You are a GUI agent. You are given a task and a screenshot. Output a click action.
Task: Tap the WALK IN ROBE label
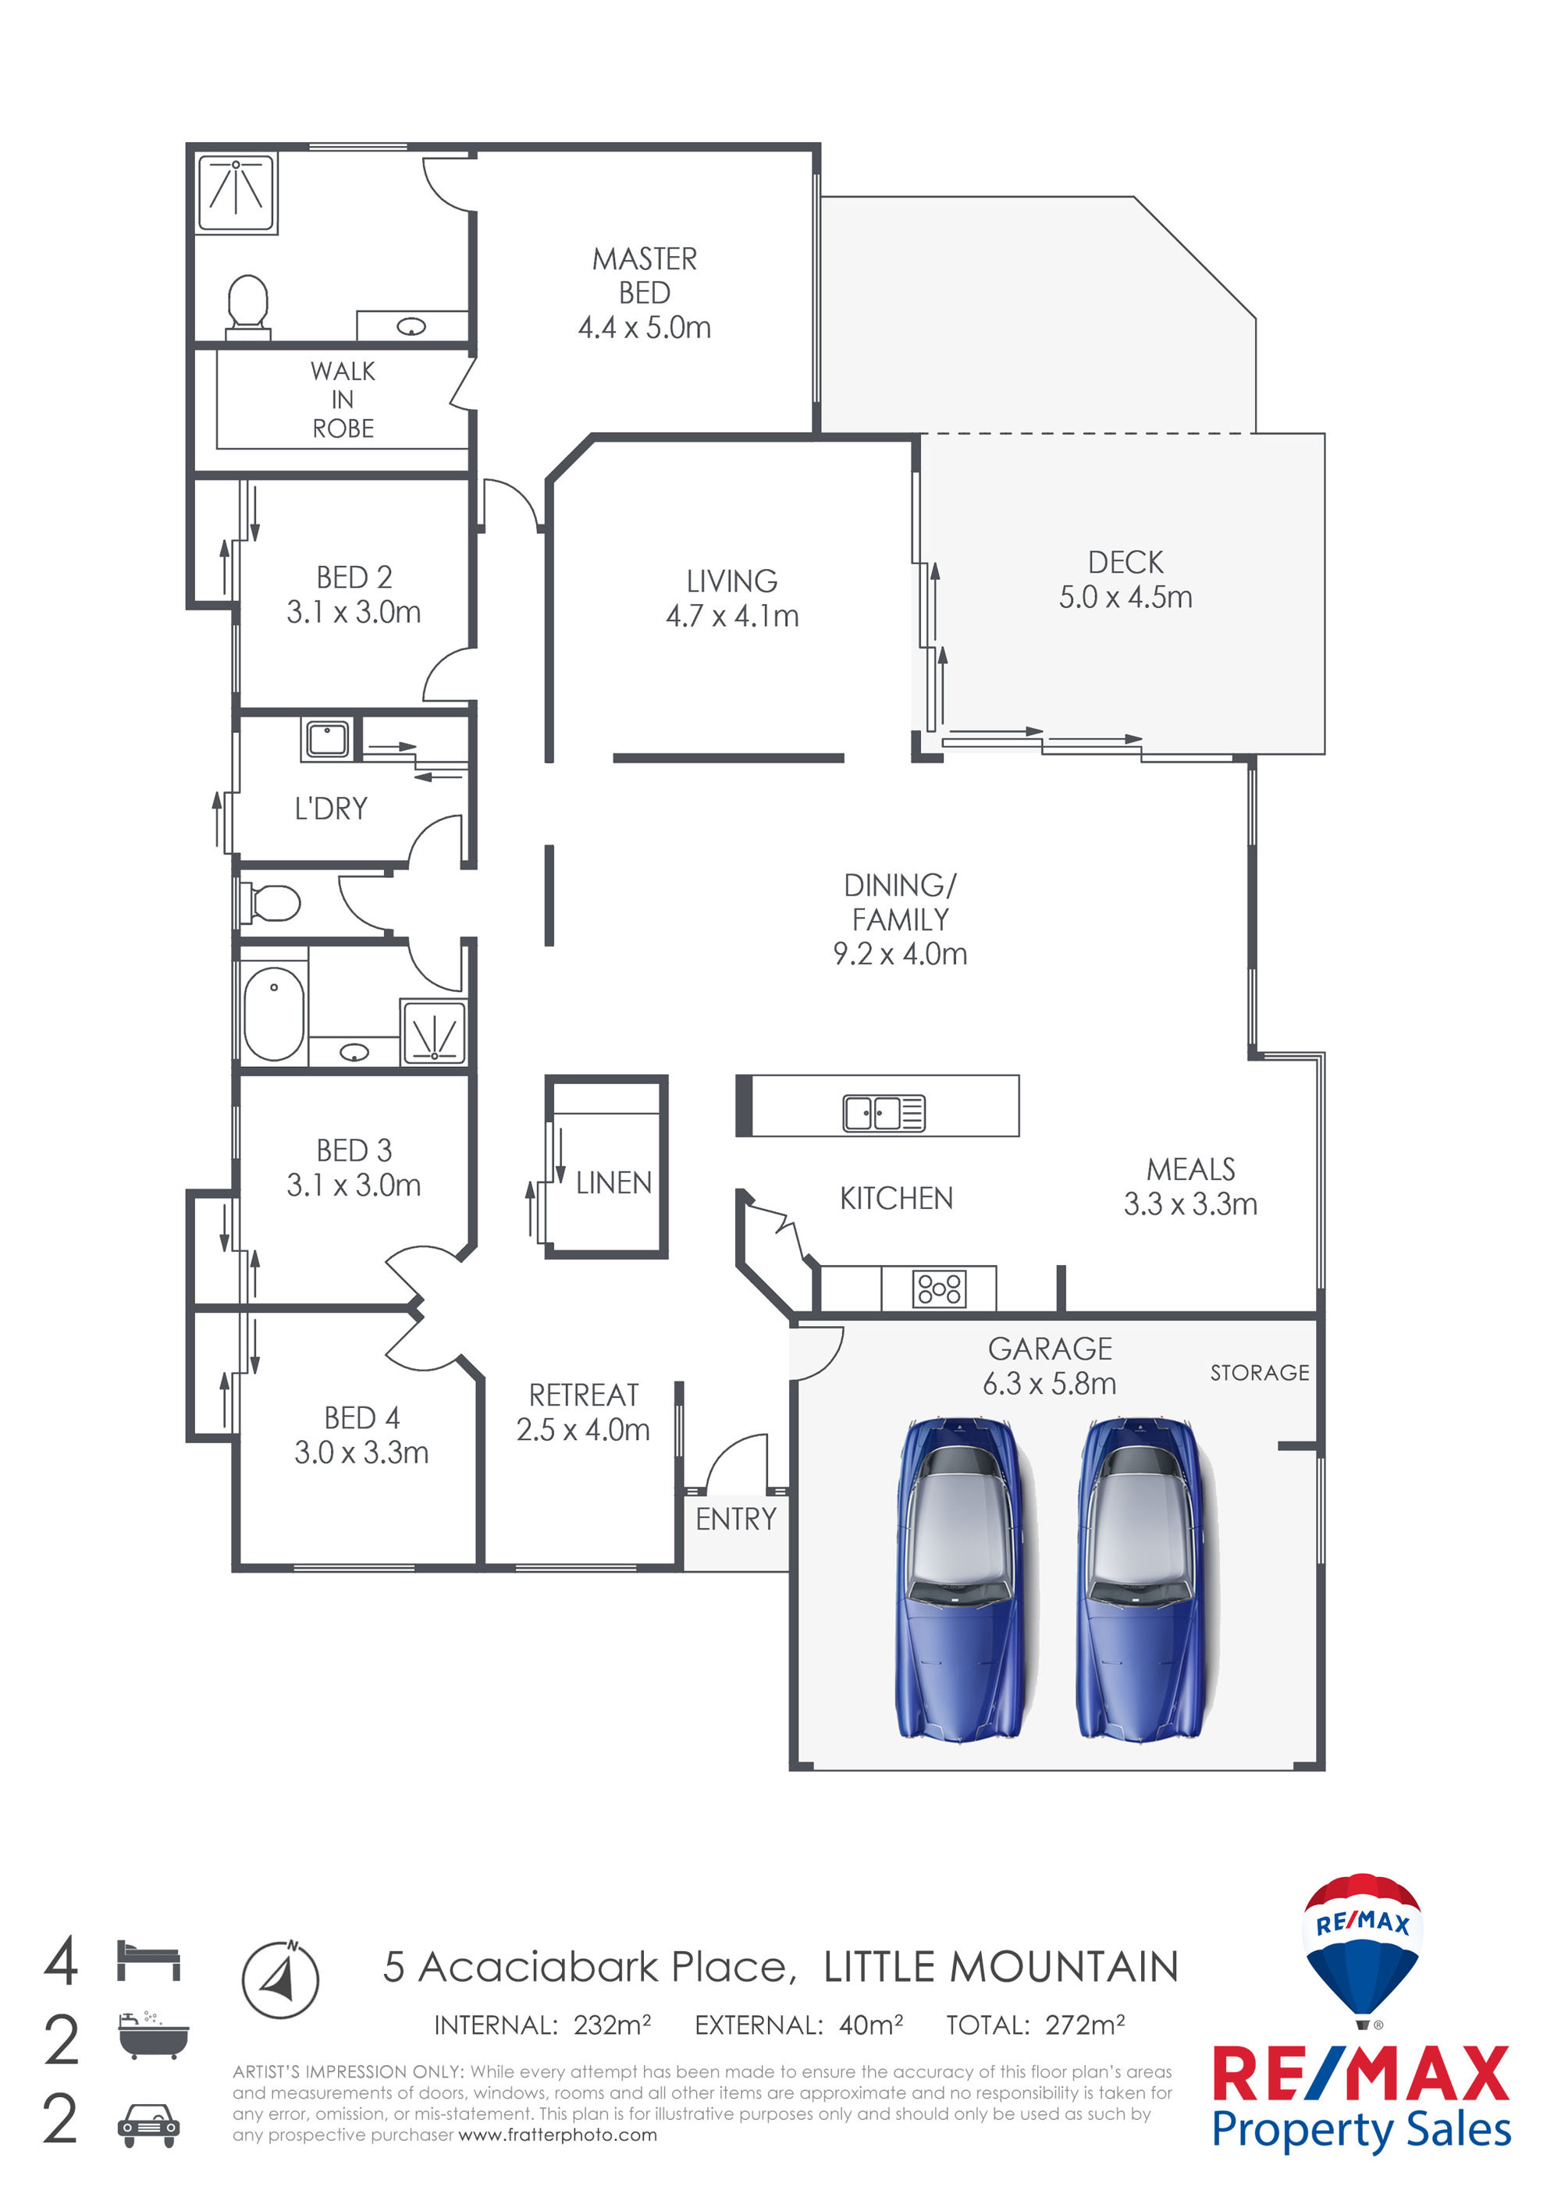(x=343, y=399)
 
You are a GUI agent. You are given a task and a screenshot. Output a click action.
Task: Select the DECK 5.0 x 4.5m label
(x=1125, y=579)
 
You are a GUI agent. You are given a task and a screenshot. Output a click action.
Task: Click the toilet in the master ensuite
(x=248, y=305)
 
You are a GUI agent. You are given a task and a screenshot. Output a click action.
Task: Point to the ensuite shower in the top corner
(x=236, y=194)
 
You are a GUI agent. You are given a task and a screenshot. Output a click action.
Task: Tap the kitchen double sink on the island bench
(x=884, y=1113)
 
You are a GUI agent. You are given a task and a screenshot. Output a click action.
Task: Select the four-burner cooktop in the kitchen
(x=939, y=1288)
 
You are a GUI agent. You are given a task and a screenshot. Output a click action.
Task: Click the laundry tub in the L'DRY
(x=327, y=738)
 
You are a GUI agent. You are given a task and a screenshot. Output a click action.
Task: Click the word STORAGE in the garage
(x=1259, y=1372)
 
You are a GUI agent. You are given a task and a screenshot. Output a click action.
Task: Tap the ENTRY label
(x=736, y=1519)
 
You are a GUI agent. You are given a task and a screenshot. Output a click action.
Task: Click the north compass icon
(x=280, y=1979)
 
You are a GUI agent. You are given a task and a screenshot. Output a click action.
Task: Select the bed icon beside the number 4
(x=148, y=1960)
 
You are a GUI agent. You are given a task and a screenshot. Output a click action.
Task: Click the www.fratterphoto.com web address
(x=558, y=2135)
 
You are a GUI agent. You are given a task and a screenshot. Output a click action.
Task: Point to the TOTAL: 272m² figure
(x=1035, y=2025)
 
